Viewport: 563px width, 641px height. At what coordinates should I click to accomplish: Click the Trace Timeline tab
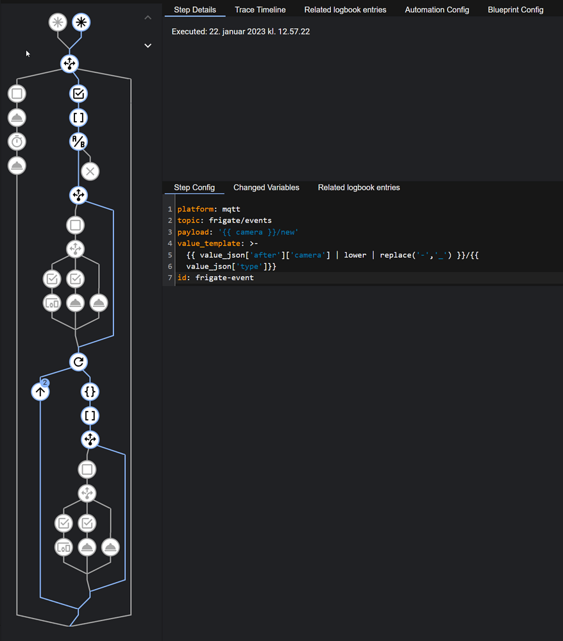(x=260, y=10)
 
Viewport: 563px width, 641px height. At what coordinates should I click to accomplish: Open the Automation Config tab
(x=437, y=10)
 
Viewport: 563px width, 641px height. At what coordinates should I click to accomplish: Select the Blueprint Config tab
(x=515, y=10)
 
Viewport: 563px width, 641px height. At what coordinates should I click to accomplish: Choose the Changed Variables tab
(x=266, y=188)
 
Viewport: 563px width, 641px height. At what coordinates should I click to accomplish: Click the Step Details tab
(x=195, y=10)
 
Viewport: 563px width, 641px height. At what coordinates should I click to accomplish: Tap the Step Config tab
(x=194, y=188)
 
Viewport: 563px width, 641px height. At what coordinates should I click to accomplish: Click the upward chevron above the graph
(x=148, y=18)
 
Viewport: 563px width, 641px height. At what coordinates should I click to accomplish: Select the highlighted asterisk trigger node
(x=81, y=22)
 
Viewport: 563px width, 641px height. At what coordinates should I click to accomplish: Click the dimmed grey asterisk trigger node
(x=58, y=22)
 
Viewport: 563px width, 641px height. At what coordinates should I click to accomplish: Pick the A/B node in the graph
(x=78, y=142)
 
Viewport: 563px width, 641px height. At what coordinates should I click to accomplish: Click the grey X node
(x=90, y=171)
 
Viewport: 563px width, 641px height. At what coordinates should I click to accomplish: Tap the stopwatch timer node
(x=17, y=142)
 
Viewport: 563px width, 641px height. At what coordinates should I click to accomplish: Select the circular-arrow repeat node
(x=78, y=362)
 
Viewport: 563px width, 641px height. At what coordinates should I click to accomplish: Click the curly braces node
(x=90, y=392)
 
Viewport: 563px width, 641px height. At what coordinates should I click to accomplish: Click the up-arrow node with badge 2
(x=40, y=392)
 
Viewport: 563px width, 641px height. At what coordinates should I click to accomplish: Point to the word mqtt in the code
(x=231, y=209)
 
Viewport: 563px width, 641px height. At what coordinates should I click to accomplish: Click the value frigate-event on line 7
(x=224, y=278)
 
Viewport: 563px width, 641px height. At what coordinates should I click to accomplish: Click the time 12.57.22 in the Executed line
(x=294, y=31)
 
